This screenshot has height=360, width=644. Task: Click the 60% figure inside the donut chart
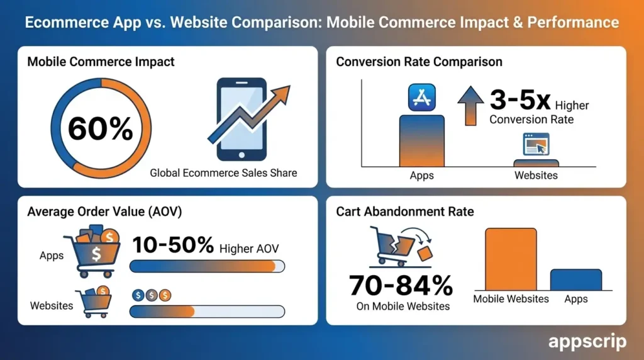pyautogui.click(x=101, y=129)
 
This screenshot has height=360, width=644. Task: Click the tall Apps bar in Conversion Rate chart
pyautogui.click(x=421, y=141)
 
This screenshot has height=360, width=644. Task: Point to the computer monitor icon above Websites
pyautogui.click(x=535, y=145)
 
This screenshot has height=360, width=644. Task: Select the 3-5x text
pyautogui.click(x=520, y=101)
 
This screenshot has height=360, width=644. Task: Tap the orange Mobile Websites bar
pyautogui.click(x=511, y=259)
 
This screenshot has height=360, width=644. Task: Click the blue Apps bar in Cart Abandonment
pyautogui.click(x=575, y=279)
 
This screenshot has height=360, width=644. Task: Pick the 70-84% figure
pyautogui.click(x=401, y=286)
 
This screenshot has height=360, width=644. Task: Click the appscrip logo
pyautogui.click(x=587, y=341)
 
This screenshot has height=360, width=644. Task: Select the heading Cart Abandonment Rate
pyautogui.click(x=405, y=211)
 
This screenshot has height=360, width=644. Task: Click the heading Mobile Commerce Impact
pyautogui.click(x=101, y=62)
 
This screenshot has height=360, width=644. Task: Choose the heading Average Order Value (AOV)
pyautogui.click(x=104, y=211)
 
